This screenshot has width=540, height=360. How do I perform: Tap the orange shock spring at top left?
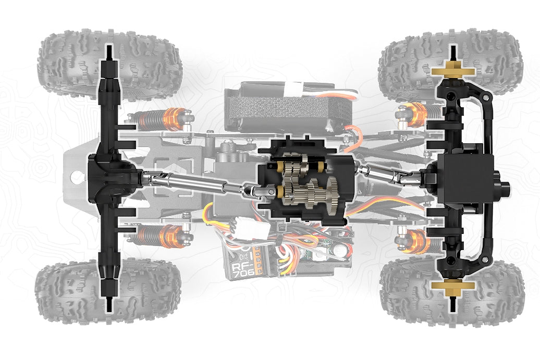(175, 119)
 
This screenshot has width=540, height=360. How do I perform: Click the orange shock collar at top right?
(416, 112)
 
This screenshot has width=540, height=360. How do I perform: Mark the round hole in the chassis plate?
(77, 177)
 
